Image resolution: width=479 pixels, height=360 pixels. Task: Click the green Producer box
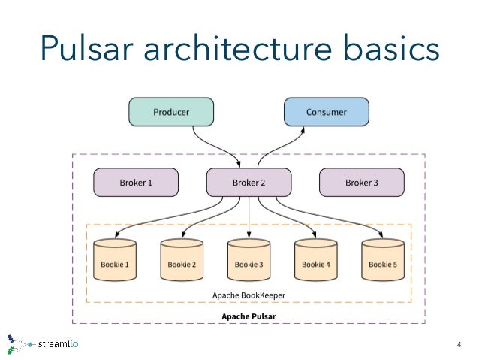(171, 113)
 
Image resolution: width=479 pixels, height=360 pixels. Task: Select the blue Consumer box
(327, 113)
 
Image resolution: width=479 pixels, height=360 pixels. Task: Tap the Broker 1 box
(136, 182)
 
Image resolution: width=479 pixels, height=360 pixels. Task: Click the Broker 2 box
(249, 182)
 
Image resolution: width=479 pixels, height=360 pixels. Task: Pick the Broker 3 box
(362, 182)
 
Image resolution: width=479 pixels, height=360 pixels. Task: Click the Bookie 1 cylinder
(115, 261)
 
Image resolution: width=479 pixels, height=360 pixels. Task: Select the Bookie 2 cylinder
(182, 261)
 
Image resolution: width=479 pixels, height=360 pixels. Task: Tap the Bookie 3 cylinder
(249, 261)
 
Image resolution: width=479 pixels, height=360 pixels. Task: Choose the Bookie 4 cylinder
(315, 261)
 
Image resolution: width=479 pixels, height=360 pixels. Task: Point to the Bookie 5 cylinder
(382, 261)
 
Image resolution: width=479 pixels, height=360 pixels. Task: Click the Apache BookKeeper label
(249, 295)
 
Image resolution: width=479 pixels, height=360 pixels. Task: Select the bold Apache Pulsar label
(249, 316)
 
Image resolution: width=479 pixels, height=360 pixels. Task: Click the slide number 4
(459, 345)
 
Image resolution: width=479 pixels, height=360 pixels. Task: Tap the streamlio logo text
(58, 345)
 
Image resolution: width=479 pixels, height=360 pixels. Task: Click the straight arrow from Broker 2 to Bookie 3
(249, 218)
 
